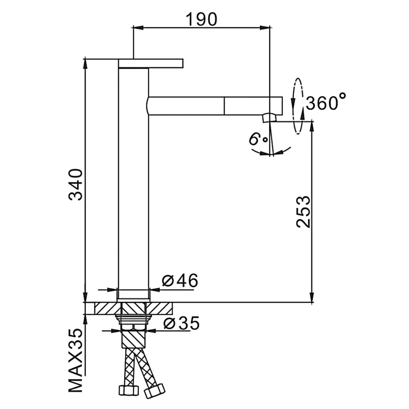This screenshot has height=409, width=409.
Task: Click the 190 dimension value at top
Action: click(201, 19)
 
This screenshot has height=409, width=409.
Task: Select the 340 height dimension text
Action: click(76, 184)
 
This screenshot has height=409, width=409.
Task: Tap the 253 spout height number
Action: click(303, 211)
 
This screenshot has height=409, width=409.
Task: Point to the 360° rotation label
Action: click(326, 102)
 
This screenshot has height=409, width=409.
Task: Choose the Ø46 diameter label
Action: click(180, 281)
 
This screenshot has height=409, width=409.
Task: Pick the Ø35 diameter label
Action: click(182, 323)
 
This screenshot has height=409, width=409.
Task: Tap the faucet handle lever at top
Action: click(151, 63)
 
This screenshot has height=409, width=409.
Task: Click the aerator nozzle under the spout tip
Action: click(269, 118)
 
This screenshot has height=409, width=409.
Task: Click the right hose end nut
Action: click(155, 391)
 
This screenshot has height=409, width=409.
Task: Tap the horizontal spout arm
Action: click(214, 106)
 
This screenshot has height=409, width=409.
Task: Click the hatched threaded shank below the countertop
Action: click(133, 339)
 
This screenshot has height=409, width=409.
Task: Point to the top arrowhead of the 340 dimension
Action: click(85, 64)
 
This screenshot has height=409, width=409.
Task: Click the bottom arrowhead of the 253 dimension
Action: click(311, 297)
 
